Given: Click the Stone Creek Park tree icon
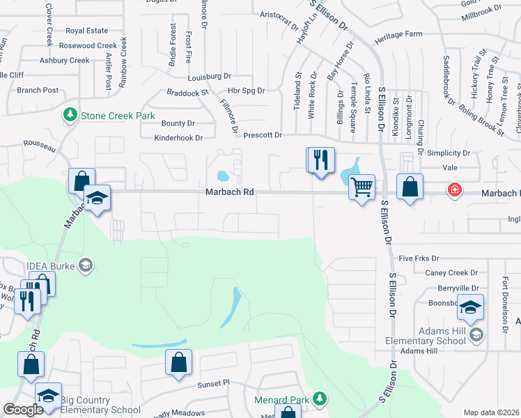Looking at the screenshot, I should (70, 115).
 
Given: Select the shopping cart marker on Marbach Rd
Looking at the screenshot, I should (361, 187).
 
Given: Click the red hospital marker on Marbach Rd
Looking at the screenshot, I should (454, 189).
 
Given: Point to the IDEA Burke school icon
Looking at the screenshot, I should (86, 265).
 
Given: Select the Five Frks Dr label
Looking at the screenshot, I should (420, 258).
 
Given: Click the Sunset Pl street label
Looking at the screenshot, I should (212, 383).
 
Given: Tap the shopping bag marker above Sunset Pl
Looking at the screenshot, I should (178, 363).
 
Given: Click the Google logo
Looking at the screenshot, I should (23, 410).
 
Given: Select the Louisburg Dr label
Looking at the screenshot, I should (209, 76).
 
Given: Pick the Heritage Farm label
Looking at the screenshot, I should (398, 34).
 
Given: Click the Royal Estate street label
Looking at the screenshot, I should (87, 31).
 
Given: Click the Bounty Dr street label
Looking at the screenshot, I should (178, 123).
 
